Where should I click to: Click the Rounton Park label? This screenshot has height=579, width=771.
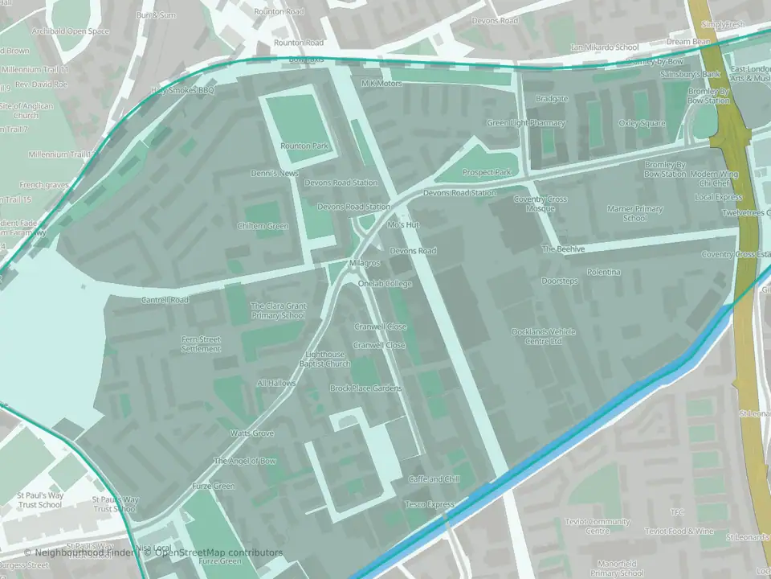click(304, 146)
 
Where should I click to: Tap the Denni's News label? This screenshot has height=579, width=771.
click(275, 174)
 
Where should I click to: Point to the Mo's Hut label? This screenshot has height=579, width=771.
click(403, 225)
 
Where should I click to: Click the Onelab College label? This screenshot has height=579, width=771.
click(385, 284)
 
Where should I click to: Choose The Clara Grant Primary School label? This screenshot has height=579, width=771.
click(278, 310)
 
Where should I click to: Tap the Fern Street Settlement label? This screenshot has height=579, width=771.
click(201, 344)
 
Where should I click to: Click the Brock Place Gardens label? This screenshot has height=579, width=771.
click(365, 388)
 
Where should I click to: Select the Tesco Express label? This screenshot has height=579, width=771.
click(429, 504)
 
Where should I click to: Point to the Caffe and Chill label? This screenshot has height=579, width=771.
click(434, 479)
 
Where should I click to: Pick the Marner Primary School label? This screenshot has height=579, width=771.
click(635, 213)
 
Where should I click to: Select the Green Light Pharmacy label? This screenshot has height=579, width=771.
click(526, 123)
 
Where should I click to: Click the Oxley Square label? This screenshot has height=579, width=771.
click(642, 123)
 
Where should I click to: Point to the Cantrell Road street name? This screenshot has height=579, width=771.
click(165, 300)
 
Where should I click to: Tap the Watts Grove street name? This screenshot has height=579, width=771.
click(252, 433)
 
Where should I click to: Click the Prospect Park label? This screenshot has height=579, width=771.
click(487, 173)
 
